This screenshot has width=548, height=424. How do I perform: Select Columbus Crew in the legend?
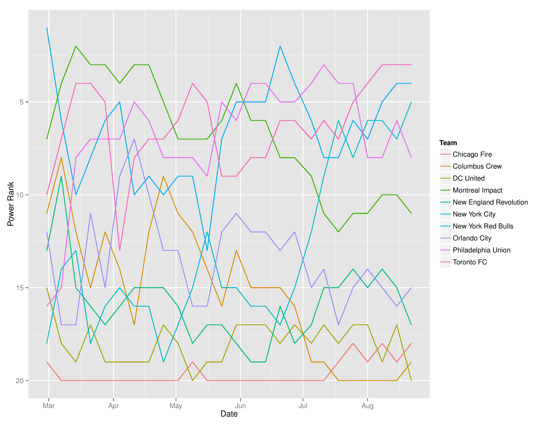(x=477, y=166)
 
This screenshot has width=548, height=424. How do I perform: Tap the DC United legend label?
(x=468, y=178)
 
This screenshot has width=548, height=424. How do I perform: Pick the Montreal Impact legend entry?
(x=477, y=190)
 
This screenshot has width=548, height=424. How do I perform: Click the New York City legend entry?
(x=474, y=214)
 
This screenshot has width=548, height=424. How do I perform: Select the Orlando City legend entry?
(x=472, y=238)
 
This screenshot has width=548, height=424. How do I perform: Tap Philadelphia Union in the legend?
(x=482, y=250)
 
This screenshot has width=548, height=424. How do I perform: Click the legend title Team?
(x=448, y=143)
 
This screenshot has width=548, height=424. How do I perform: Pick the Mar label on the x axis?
(x=49, y=406)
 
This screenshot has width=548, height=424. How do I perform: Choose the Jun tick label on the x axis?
(x=240, y=406)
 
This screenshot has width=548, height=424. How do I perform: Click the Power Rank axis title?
(x=10, y=204)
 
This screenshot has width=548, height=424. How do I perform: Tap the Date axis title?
(x=229, y=414)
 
